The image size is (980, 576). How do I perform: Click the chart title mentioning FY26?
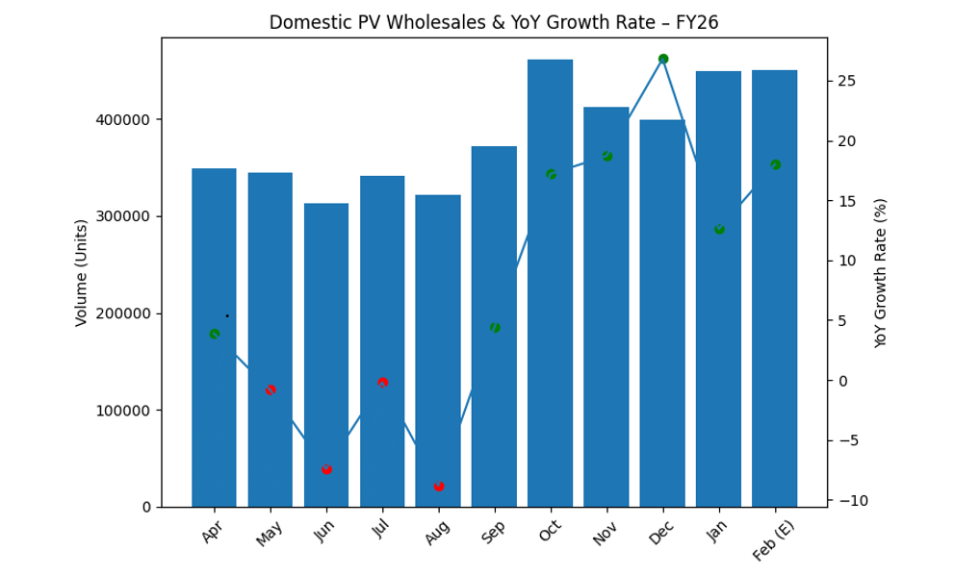coord(493,22)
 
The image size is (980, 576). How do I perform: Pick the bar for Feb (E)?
coord(774,288)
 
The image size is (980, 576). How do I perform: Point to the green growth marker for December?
coord(663,59)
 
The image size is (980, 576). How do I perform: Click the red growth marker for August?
coord(439,486)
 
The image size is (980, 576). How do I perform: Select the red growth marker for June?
coord(326,469)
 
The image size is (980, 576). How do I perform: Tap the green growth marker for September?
coord(495,328)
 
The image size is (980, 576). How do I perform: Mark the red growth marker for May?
coord(271,389)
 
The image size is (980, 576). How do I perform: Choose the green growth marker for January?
coord(719,229)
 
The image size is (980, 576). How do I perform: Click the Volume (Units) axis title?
coord(82,272)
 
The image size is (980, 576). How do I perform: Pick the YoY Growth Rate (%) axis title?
coord(881,272)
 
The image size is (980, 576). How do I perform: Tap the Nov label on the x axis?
coord(604,531)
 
